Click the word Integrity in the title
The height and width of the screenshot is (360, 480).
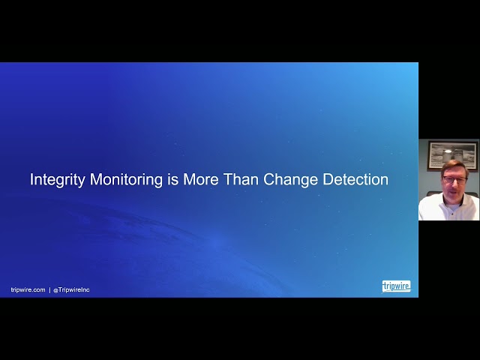click(57, 180)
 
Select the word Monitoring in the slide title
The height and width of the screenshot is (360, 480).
click(126, 180)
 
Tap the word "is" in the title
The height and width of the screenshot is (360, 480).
click(173, 179)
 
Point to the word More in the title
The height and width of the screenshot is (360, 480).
click(201, 180)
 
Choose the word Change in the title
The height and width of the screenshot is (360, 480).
click(291, 180)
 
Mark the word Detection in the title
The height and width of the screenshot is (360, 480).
click(355, 179)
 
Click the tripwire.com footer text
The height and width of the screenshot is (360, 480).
click(28, 289)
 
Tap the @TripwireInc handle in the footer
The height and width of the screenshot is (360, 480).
click(71, 289)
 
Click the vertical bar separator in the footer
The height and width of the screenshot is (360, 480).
click(49, 289)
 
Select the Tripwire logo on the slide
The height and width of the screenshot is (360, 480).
click(396, 286)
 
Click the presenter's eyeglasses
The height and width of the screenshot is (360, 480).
click(454, 180)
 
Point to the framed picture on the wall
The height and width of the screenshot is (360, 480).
click(452, 155)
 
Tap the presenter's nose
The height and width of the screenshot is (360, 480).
click(455, 185)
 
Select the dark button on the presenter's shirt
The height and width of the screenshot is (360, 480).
click(451, 214)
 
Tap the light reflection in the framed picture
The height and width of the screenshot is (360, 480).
click(448, 151)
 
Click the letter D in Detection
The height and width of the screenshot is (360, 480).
click(328, 179)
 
